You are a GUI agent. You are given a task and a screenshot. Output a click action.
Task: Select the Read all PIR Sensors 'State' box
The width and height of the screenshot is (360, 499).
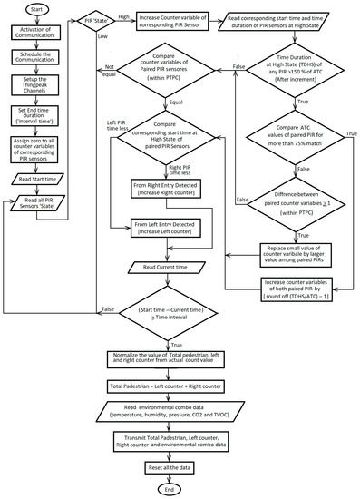pyautogui.click(x=37, y=201)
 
